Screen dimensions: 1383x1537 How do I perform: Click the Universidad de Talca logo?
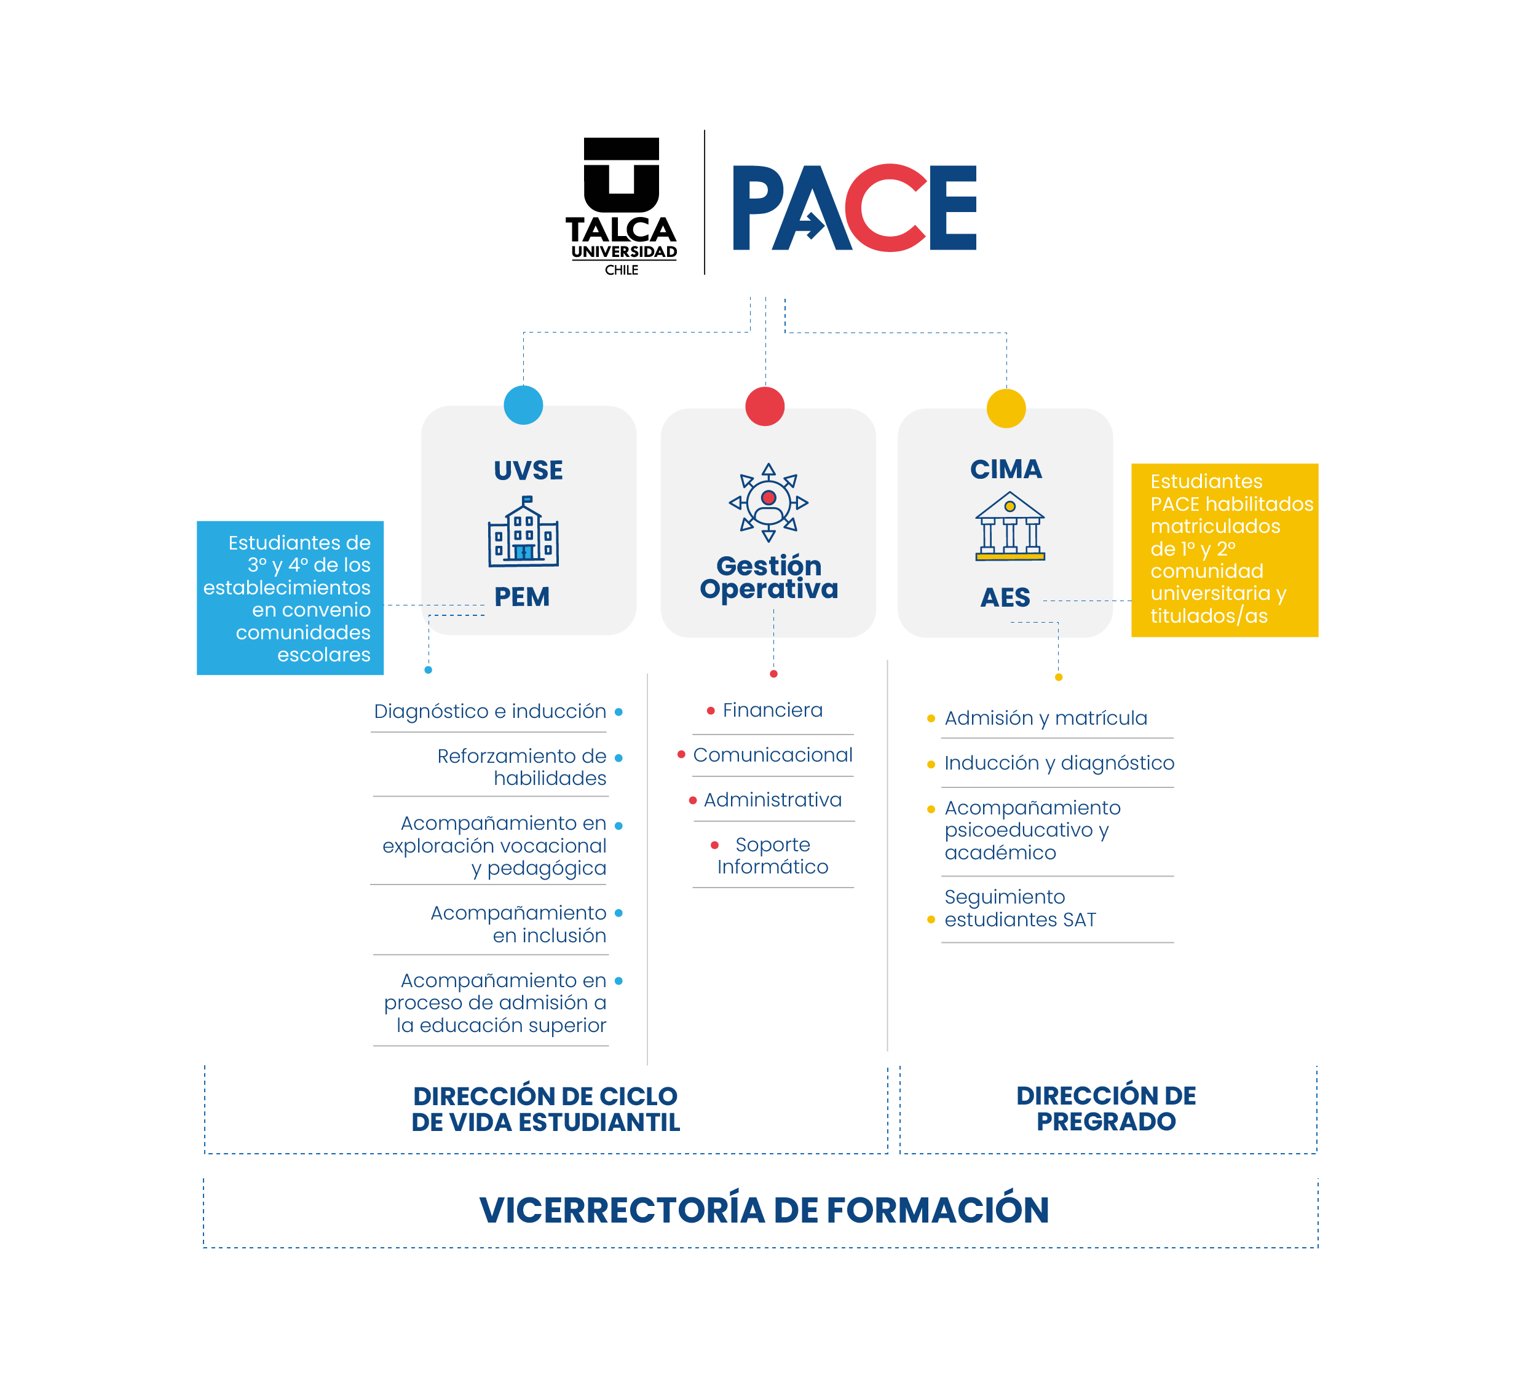pyautogui.click(x=621, y=205)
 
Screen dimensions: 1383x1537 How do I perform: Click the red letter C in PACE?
pyautogui.click(x=883, y=208)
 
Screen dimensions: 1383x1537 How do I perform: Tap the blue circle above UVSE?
pyautogui.click(x=523, y=405)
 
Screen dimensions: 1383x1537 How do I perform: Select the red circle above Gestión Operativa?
pyautogui.click(x=765, y=406)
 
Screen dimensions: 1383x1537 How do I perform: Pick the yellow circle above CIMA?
pyautogui.click(x=1006, y=408)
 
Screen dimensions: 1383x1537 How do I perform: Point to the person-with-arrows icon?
pyautogui.click(x=768, y=502)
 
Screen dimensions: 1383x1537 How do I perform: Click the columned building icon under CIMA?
pyautogui.click(x=1010, y=527)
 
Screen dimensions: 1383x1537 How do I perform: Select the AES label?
pyautogui.click(x=1005, y=598)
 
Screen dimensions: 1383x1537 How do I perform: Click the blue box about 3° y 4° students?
pyautogui.click(x=290, y=598)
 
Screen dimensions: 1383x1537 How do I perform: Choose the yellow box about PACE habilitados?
pyautogui.click(x=1224, y=550)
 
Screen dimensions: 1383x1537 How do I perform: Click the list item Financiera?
pyautogui.click(x=772, y=711)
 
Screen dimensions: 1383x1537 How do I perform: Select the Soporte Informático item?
pyautogui.click(x=772, y=856)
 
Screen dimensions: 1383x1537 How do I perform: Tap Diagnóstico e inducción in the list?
pyautogui.click(x=490, y=711)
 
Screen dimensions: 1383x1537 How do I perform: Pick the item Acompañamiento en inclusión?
pyautogui.click(x=518, y=924)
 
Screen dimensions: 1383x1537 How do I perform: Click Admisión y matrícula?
pyautogui.click(x=1045, y=718)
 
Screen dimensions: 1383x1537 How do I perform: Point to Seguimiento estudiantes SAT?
pyautogui.click(x=1020, y=908)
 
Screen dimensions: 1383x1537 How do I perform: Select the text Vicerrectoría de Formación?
pyautogui.click(x=764, y=1210)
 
